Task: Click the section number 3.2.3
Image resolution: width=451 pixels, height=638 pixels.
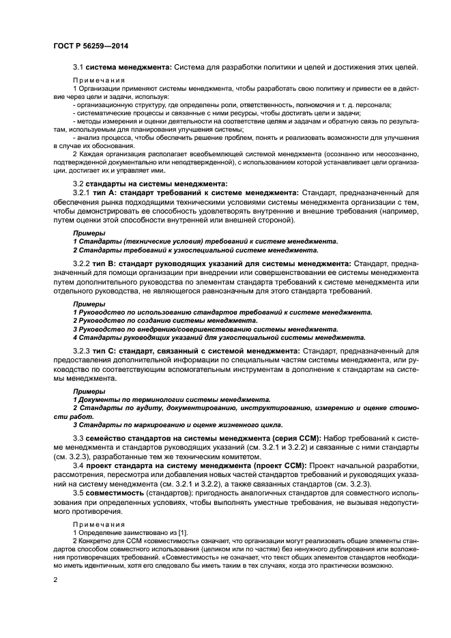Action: (81, 351)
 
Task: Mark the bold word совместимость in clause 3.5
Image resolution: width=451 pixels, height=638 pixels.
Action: (117, 492)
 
